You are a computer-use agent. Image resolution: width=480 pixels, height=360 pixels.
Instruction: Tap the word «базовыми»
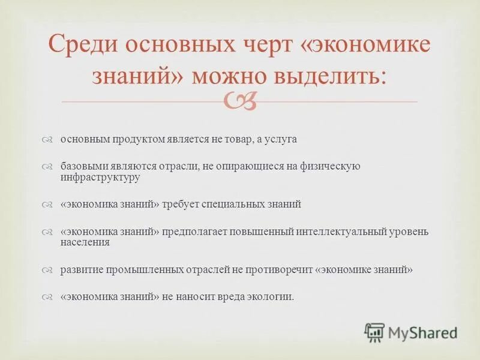click(80, 166)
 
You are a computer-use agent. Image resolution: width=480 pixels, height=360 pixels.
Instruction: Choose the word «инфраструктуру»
click(100, 178)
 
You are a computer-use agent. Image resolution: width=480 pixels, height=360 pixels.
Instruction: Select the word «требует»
click(181, 205)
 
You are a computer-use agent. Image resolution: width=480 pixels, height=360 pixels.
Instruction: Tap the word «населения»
click(85, 242)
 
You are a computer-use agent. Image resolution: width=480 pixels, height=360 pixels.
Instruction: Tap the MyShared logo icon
click(374, 332)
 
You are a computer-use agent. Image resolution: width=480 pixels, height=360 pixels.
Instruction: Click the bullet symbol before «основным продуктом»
click(49, 140)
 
